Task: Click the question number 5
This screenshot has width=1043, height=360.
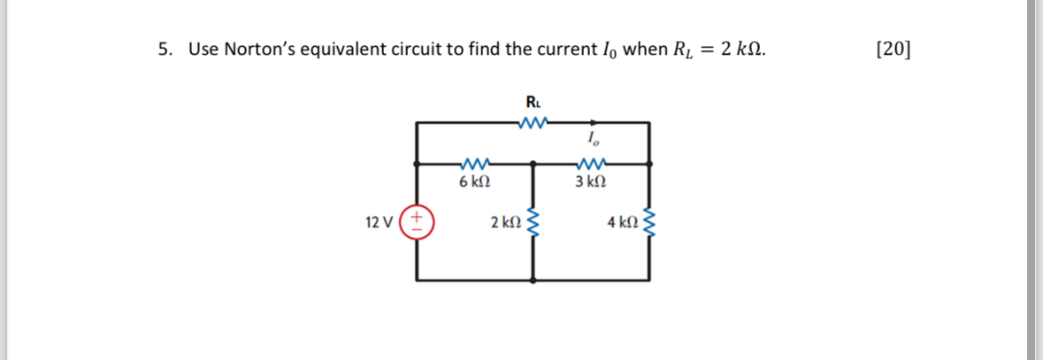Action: coord(164,49)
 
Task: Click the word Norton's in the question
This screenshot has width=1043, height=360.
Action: coord(259,49)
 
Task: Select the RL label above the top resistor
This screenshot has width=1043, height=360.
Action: coord(533,102)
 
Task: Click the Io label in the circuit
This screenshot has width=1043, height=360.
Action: coord(590,139)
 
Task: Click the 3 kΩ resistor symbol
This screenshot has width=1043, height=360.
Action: coord(590,163)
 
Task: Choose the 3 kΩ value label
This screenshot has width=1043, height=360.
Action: coord(590,182)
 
